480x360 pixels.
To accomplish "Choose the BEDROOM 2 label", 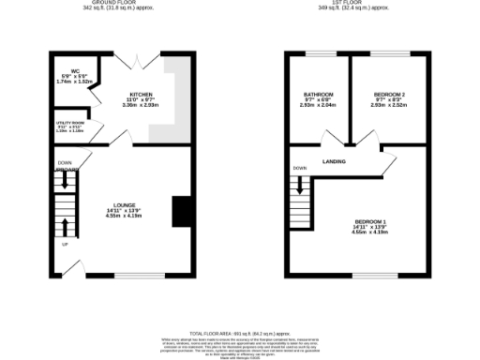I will tap(388, 95).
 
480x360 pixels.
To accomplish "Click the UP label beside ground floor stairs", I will tap(65, 244).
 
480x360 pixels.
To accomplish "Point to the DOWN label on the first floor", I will tap(299, 169).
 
